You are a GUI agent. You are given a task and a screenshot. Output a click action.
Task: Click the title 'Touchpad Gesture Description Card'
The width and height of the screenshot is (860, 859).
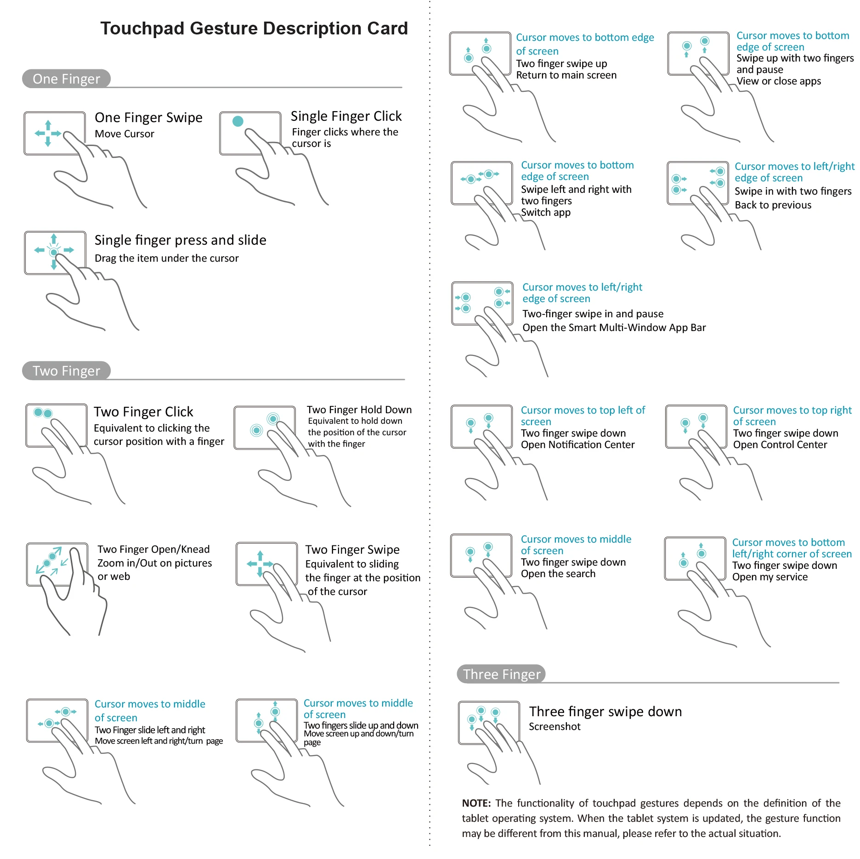click(x=254, y=28)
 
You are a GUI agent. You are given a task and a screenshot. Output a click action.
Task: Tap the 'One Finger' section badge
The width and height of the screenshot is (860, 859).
click(x=66, y=79)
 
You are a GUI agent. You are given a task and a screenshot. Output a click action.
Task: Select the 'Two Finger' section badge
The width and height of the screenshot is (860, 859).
click(x=66, y=371)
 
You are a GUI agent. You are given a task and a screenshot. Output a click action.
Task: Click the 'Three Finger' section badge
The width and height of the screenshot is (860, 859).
click(x=501, y=674)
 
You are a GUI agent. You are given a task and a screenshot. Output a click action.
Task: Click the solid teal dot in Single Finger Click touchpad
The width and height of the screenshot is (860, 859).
click(x=238, y=121)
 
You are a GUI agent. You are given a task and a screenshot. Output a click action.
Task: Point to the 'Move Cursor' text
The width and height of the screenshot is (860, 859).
click(x=124, y=134)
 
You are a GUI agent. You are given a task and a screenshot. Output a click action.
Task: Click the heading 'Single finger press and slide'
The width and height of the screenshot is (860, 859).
click(x=180, y=240)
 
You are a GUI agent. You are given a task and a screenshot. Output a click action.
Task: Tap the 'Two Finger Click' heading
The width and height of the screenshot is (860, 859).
click(x=143, y=412)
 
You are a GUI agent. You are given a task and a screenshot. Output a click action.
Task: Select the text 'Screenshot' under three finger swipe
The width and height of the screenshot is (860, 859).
click(x=554, y=727)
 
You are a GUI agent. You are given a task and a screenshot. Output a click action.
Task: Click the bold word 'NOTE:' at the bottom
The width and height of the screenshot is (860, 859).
click(x=476, y=803)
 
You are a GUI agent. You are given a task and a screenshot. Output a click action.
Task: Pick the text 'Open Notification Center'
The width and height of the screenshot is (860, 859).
click(x=577, y=445)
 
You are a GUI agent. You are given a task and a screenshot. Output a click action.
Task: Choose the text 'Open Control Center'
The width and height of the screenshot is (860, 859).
click(x=780, y=445)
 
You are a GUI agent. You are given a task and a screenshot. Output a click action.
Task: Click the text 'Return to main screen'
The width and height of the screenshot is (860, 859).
click(x=566, y=75)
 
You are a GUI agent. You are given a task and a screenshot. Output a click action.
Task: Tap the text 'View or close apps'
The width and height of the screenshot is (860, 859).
click(x=779, y=81)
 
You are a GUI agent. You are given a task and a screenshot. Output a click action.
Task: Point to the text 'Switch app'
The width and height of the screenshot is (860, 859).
click(x=546, y=213)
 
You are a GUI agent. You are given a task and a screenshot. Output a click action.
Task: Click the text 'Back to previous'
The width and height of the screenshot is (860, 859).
click(x=773, y=205)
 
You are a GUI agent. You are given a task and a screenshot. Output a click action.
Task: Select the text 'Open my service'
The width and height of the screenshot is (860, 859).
click(x=769, y=577)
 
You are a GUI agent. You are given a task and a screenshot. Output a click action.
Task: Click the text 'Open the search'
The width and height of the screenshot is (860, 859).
click(x=558, y=574)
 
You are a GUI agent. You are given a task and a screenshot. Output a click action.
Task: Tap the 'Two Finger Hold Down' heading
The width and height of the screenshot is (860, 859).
click(x=359, y=410)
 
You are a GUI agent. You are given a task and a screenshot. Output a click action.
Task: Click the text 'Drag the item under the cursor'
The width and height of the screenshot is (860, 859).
click(x=166, y=258)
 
